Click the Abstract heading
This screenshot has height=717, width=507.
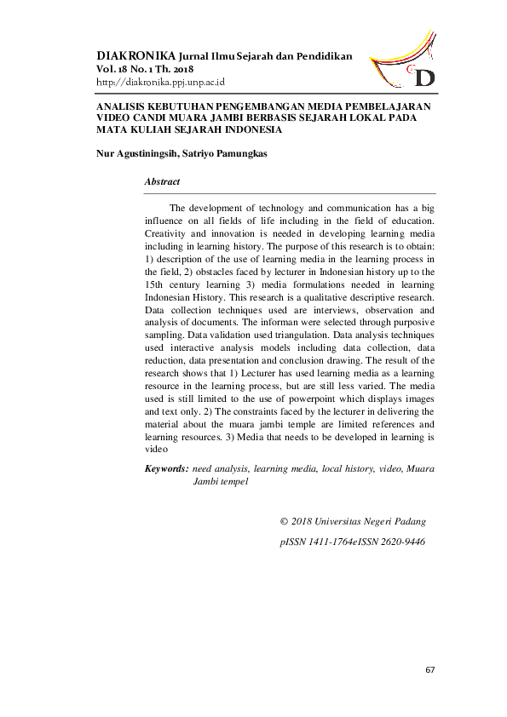(162, 182)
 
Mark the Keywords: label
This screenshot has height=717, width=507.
(167, 468)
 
